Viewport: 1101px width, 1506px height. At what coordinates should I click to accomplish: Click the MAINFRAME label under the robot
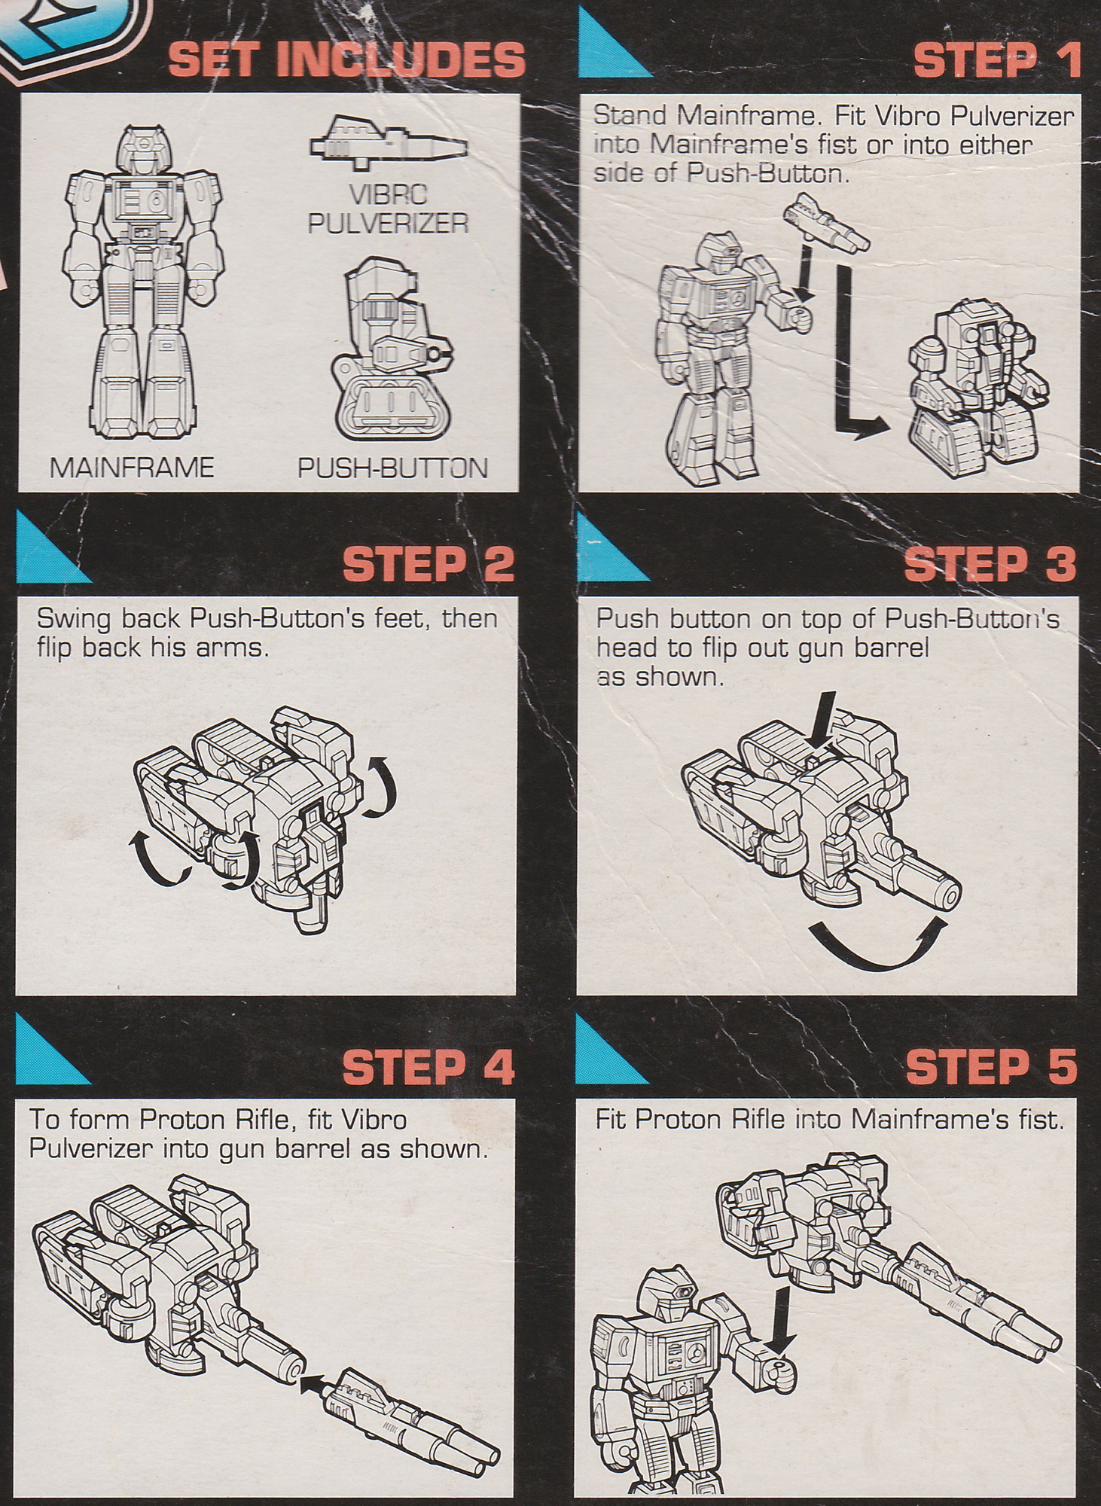(x=132, y=468)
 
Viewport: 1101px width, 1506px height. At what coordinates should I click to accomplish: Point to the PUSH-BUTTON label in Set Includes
(x=392, y=468)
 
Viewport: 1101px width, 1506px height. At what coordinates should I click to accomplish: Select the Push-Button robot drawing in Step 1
(x=976, y=384)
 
